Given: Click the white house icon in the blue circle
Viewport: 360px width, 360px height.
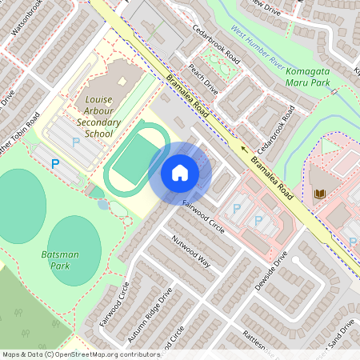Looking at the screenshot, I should tap(180, 172).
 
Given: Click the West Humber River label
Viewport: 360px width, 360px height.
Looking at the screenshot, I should tap(258, 44).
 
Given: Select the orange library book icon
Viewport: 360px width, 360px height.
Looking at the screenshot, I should tap(319, 194).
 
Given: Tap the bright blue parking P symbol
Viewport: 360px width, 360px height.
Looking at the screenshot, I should tap(55, 163).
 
